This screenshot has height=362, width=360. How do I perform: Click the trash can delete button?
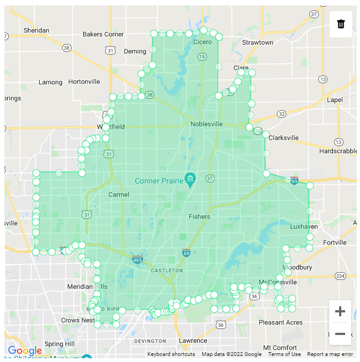click(341, 24)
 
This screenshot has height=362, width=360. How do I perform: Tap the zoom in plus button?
click(340, 311)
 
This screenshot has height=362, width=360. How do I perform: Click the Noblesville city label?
click(206, 124)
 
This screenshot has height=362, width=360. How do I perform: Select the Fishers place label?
click(199, 217)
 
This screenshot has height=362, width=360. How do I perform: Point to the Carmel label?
click(119, 194)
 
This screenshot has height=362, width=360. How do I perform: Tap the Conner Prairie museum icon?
click(190, 178)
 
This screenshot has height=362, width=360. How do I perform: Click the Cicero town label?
click(202, 42)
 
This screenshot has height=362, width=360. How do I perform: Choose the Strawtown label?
click(258, 42)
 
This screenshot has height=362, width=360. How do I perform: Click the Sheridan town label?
click(36, 30)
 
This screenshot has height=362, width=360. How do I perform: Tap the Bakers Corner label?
click(103, 34)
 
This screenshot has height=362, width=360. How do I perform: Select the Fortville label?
click(335, 242)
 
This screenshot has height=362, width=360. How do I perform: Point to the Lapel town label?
click(334, 100)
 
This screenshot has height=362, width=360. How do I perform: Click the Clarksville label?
click(283, 138)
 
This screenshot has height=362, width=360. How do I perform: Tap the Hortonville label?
click(84, 82)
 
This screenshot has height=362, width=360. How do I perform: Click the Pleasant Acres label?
click(280, 322)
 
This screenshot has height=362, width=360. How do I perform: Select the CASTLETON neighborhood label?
click(166, 271)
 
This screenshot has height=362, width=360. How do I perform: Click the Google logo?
click(25, 350)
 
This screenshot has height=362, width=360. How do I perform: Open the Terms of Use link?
click(285, 354)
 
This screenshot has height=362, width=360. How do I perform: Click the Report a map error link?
click(330, 354)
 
